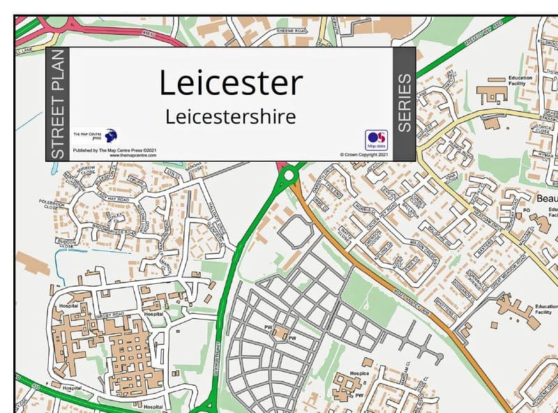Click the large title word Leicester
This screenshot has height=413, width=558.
[x=231, y=82]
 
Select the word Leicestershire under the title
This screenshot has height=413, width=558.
[x=231, y=116]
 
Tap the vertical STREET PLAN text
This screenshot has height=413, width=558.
[x=58, y=104]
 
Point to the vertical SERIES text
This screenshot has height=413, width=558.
[x=405, y=104]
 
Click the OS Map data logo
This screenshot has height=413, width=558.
[x=376, y=140]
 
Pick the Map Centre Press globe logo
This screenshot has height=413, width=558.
[x=110, y=135]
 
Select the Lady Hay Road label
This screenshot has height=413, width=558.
[x=112, y=199]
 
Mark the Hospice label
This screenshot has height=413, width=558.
[x=359, y=373]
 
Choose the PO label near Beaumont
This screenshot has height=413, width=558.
[x=527, y=209]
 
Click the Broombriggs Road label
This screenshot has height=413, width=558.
[x=105, y=227]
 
